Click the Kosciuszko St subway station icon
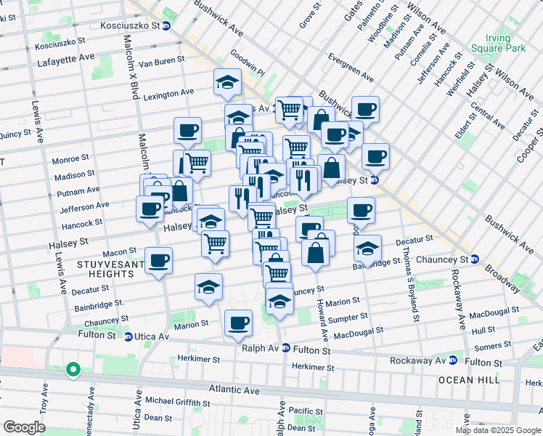[166, 25]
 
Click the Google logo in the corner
[24, 427]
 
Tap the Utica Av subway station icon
[128, 336]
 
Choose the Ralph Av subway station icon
[286, 348]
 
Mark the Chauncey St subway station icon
[473, 259]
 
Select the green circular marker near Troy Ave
[73, 370]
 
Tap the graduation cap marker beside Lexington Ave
[227, 81]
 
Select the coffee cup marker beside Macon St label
[158, 260]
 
